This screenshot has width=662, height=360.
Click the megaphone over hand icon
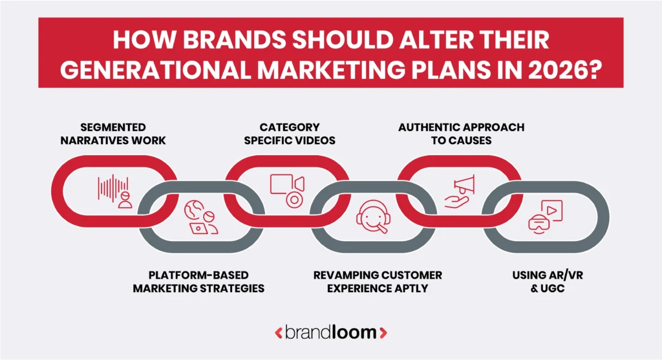point(460,189)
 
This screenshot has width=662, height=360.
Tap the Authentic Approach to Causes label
point(461,133)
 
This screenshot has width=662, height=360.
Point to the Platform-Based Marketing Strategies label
point(198,282)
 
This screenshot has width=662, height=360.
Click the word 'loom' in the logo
point(358,333)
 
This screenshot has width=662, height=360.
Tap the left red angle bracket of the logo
point(279,334)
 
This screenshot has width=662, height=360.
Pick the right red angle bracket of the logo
point(383,334)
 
